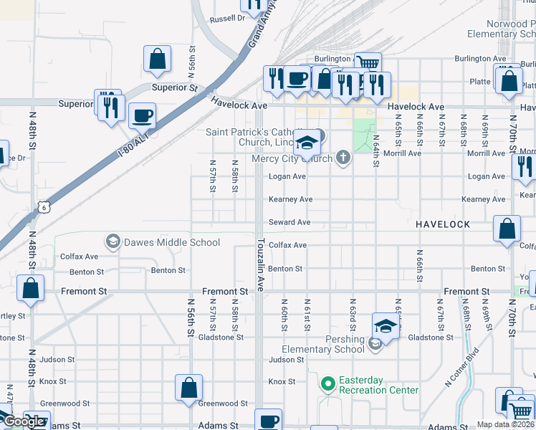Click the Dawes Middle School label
(171, 242)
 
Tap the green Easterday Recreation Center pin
(327, 384)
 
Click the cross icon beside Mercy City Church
(343, 158)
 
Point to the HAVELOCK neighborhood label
(443, 224)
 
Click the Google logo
(24, 421)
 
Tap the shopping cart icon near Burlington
(368, 64)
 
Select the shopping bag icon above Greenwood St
(188, 388)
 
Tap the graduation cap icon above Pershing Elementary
(386, 326)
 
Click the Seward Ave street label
(289, 222)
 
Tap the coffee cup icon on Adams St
(269, 421)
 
